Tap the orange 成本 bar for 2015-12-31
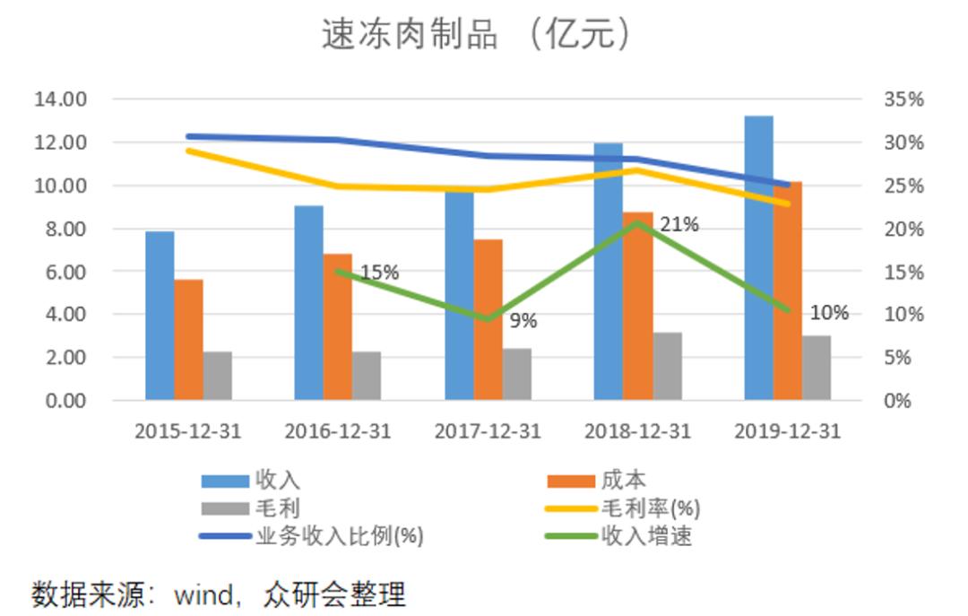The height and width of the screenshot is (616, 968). click(188, 340)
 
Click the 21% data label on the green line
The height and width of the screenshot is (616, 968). click(678, 224)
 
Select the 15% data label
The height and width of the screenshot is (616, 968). click(379, 273)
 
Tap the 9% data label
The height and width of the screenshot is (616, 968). click(523, 320)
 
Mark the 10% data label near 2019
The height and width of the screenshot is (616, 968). click(829, 313)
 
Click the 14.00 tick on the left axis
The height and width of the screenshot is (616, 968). click(61, 99)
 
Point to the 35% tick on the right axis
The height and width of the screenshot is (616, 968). click(903, 99)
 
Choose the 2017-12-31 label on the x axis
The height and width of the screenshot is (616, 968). click(488, 431)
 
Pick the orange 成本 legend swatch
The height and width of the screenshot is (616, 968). click(570, 482)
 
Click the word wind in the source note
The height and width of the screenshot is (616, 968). click(203, 594)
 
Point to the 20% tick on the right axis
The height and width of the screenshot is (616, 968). click(903, 228)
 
